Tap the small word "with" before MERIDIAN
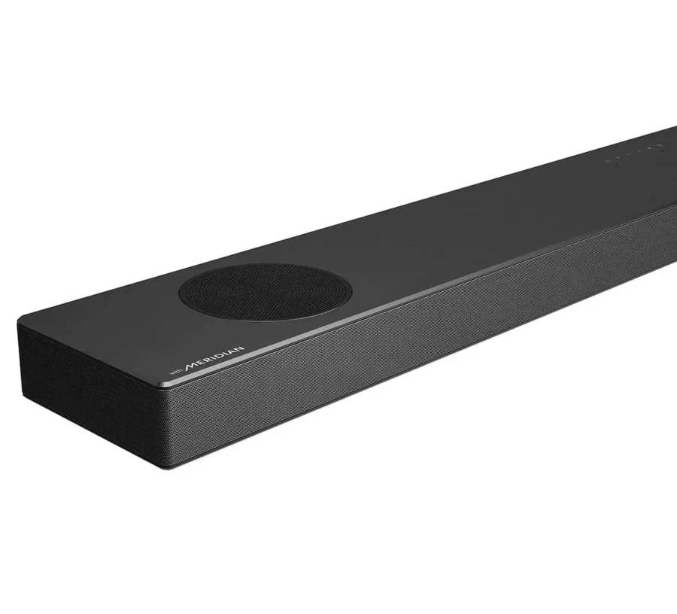click(x=176, y=372)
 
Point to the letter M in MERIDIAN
click(x=191, y=366)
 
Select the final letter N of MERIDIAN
click(x=239, y=348)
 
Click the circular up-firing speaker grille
click(x=265, y=289)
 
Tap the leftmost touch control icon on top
click(x=609, y=160)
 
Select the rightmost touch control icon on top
click(x=659, y=145)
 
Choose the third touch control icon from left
click(x=629, y=154)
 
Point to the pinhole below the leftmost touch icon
click(x=617, y=165)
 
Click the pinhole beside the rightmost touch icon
click(x=662, y=150)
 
